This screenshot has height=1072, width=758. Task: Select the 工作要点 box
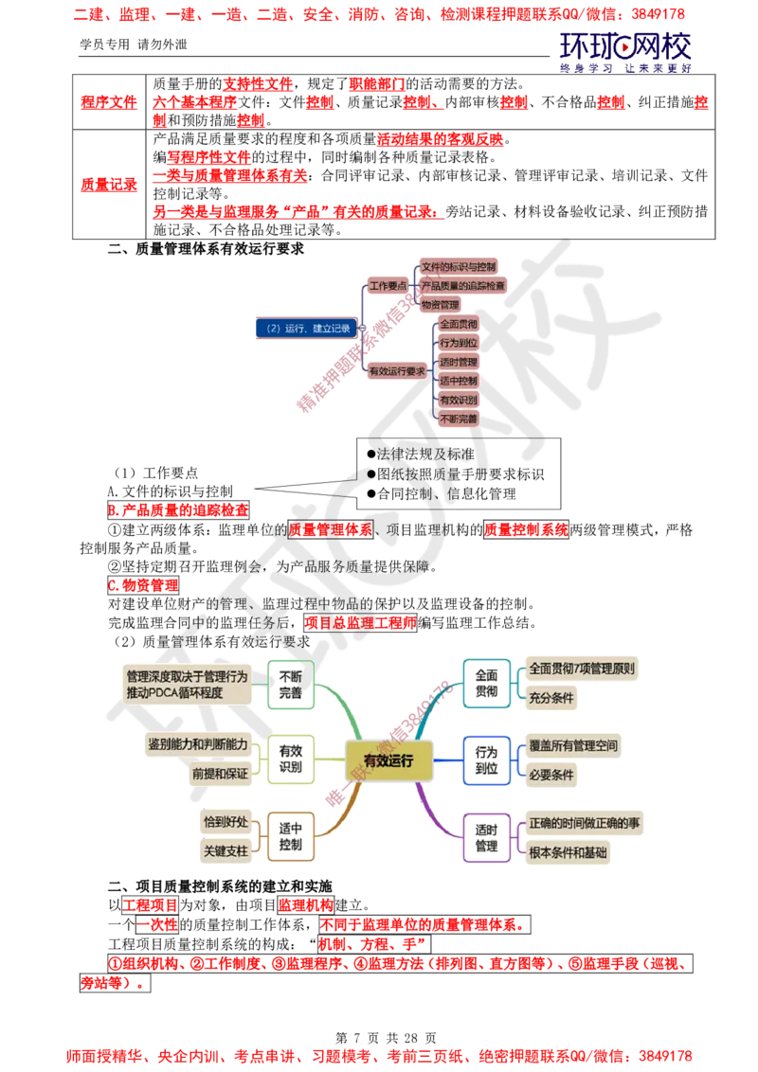388,285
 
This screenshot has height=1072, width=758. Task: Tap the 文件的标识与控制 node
459,266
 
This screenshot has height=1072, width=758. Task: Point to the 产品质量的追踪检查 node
462,285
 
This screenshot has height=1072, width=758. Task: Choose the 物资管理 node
440,304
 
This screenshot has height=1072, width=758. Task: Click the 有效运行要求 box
397,371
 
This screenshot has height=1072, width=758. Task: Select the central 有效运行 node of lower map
388,759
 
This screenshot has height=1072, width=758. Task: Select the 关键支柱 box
226,850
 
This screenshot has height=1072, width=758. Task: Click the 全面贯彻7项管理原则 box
582,669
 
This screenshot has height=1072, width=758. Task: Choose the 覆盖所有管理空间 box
573,746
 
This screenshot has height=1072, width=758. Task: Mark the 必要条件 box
552,775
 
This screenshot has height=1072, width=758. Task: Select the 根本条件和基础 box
568,851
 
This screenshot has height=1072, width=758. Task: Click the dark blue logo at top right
625,49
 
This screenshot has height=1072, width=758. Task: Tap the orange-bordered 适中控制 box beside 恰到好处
291,835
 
